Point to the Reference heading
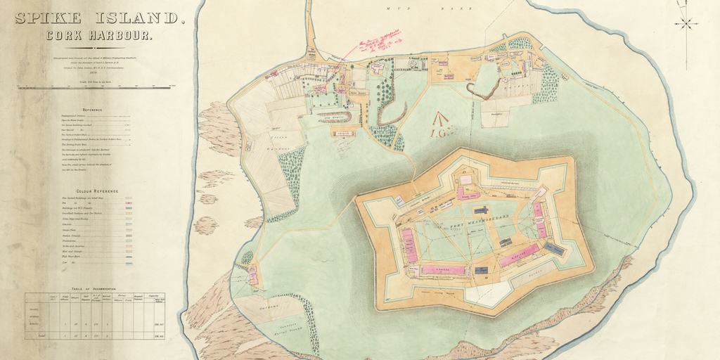point(93,110)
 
